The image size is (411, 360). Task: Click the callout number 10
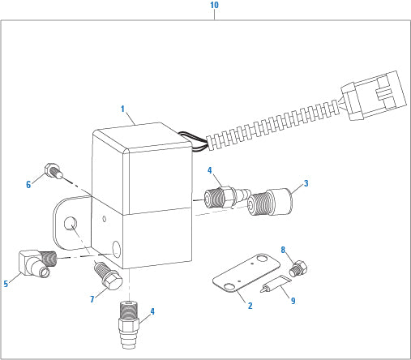[x=214, y=5]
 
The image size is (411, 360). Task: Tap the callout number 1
[x=122, y=109]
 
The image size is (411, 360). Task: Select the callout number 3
[x=306, y=183]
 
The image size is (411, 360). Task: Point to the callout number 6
[x=28, y=185]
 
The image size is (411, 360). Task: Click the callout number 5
[x=6, y=284]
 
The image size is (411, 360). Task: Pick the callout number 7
[x=92, y=299]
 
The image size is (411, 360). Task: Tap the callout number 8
[x=283, y=250]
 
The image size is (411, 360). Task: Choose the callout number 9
[x=293, y=301]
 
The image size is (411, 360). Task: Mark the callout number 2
[x=250, y=306]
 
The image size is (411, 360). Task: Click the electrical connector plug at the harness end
[x=374, y=96]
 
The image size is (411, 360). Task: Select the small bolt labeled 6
[x=54, y=170]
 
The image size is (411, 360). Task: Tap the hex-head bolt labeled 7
[x=109, y=276]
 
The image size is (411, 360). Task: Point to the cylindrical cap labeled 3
[x=270, y=202]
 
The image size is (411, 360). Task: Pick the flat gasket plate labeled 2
[x=246, y=273]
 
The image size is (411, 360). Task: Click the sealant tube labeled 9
[x=276, y=284]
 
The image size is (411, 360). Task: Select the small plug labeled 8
[x=298, y=268]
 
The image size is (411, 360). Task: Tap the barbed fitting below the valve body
[x=129, y=325]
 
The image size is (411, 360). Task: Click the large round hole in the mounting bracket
[x=71, y=224]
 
